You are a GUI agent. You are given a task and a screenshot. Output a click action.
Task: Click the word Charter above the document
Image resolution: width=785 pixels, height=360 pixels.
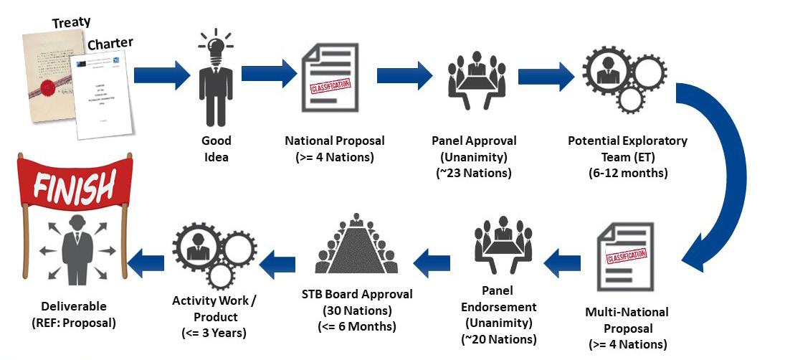pyautogui.click(x=110, y=45)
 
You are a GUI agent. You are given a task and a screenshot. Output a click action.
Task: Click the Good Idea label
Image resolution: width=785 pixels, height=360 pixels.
pyautogui.click(x=215, y=148)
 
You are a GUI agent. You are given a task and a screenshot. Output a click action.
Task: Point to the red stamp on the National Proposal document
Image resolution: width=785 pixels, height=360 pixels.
pyautogui.click(x=329, y=87)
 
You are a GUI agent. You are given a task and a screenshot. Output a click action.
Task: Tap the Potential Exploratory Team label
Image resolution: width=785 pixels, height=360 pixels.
pyautogui.click(x=627, y=148)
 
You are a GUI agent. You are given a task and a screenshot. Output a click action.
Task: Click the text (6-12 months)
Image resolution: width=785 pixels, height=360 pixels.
pyautogui.click(x=627, y=172)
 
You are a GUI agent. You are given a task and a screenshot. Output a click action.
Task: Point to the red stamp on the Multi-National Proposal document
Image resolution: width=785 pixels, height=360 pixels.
pyautogui.click(x=626, y=255)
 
